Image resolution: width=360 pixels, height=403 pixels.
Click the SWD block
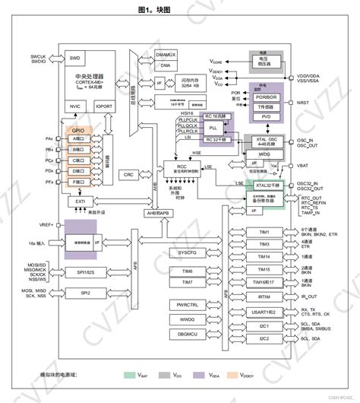(x=75, y=58)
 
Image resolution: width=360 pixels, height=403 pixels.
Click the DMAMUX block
(x=165, y=55)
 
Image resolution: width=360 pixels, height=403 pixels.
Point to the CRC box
(x=129, y=174)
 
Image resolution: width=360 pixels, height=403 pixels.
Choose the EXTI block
(x=80, y=201)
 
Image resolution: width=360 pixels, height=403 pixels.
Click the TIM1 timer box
(x=264, y=232)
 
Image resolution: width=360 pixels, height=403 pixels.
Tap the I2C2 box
(x=264, y=338)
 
